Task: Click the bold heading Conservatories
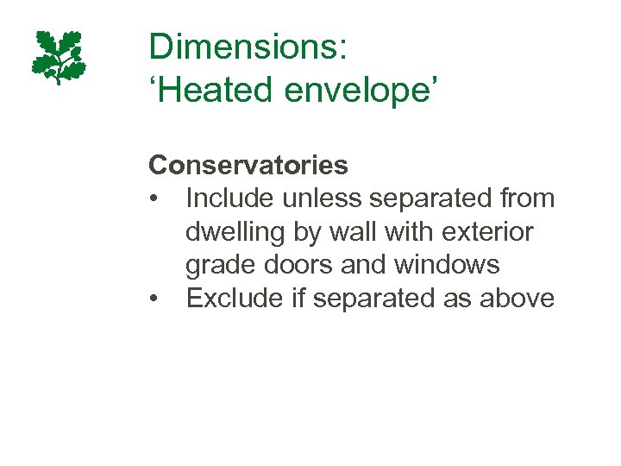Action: tap(248, 164)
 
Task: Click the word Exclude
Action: tap(228, 299)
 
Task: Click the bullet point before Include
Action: tap(154, 198)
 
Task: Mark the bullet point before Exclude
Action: tap(154, 299)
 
